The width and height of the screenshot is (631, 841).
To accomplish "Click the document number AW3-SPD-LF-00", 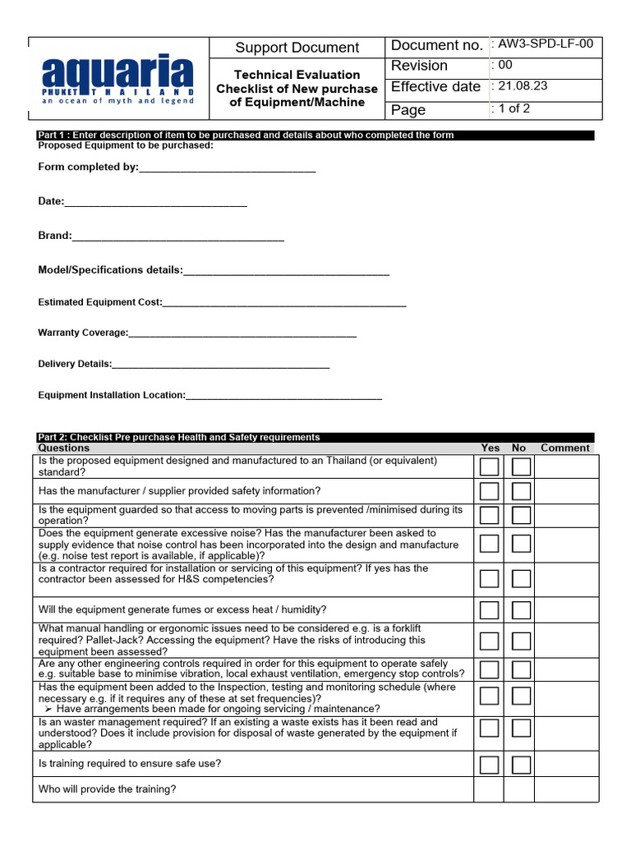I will (546, 46).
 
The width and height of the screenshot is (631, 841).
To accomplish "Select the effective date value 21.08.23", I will (521, 86).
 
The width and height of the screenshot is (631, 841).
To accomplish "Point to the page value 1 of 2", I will (514, 108).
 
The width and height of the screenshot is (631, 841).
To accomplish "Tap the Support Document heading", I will (297, 48).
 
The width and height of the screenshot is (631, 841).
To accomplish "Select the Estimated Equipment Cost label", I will (100, 302).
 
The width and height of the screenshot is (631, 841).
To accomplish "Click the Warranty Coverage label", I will (83, 333).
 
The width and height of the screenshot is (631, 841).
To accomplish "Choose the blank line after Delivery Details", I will (221, 365).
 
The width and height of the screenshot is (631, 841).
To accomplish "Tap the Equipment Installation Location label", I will (112, 395).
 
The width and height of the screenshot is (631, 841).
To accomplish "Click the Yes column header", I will (490, 448).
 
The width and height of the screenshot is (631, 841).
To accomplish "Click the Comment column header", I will (564, 448).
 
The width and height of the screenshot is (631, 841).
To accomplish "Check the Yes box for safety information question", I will (490, 491).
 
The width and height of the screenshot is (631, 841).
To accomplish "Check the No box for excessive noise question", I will (521, 544).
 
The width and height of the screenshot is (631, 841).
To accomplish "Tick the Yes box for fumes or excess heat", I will (490, 609).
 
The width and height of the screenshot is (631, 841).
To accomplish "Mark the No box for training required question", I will (521, 765).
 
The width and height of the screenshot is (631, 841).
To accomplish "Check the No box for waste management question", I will (521, 728).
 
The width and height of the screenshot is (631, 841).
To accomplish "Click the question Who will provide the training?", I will (108, 789).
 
